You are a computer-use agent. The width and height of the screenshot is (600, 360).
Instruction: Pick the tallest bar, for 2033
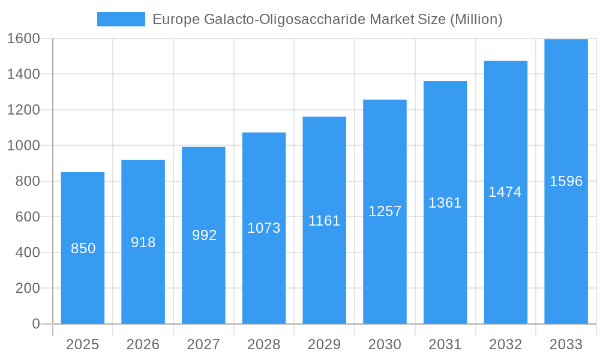click(566, 252)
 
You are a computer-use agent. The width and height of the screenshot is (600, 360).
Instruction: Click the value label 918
click(143, 242)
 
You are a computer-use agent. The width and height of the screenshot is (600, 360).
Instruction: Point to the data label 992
click(205, 235)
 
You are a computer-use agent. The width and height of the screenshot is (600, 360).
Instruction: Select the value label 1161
click(325, 221)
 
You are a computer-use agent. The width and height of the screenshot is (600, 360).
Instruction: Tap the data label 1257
click(385, 211)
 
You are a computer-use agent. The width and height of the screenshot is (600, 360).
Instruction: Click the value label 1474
click(505, 192)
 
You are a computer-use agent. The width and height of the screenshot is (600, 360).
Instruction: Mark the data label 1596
click(566, 181)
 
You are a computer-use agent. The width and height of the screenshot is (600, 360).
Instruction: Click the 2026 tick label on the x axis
click(143, 344)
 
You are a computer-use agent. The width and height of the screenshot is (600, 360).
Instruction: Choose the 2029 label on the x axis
click(325, 344)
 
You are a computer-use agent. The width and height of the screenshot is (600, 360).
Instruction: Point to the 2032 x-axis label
click(506, 344)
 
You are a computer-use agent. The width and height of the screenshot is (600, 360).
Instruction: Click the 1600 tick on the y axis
click(23, 38)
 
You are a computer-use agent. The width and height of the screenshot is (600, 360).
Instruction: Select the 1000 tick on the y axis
click(23, 145)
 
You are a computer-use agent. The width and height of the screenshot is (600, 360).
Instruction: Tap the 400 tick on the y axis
click(28, 253)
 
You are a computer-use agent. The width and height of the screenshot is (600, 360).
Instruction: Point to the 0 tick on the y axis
click(36, 324)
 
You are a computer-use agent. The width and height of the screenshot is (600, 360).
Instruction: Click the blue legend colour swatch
click(121, 19)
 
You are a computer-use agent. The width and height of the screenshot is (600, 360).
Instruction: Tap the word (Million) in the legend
click(476, 19)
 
